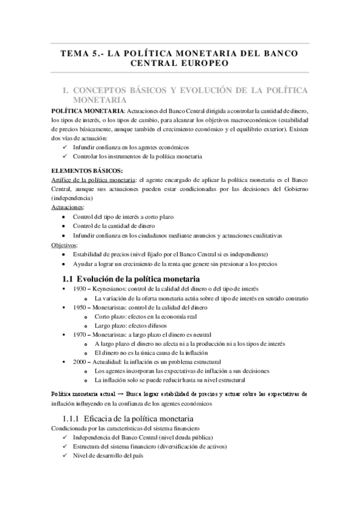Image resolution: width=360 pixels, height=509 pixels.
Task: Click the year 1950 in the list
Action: point(79,307)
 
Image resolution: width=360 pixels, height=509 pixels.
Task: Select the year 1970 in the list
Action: point(79,334)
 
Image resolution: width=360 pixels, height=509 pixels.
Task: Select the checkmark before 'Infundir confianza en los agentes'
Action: point(65,147)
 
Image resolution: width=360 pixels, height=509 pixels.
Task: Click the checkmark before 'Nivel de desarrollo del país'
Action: point(65,455)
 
